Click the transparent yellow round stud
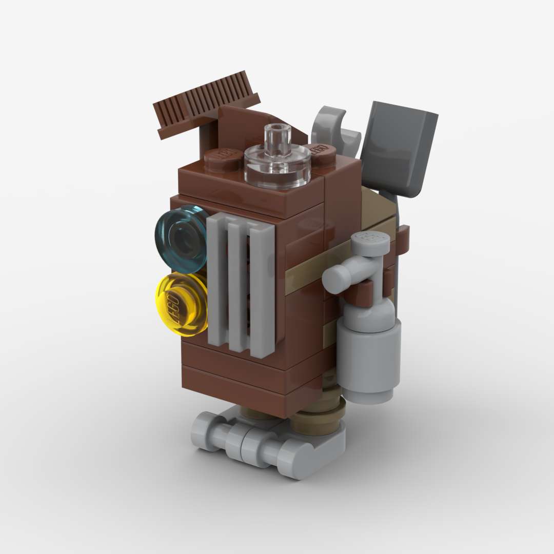(181, 304)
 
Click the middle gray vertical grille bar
(238, 287)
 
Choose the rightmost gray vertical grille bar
(262, 292)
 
